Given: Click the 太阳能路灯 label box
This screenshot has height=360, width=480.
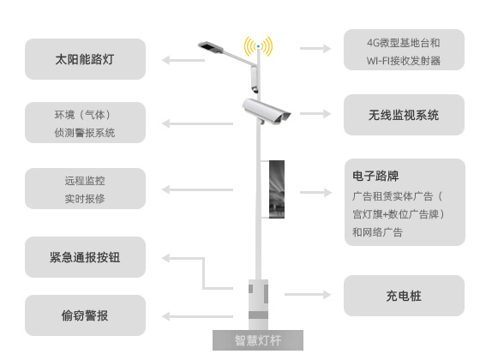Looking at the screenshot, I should (85, 59).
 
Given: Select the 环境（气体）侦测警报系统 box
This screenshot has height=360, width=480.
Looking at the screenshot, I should (85, 123).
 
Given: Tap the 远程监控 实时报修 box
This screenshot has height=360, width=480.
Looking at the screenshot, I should (85, 189).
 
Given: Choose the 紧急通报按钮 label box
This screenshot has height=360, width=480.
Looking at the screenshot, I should (85, 256).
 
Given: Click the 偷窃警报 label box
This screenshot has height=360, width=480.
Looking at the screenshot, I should (85, 315).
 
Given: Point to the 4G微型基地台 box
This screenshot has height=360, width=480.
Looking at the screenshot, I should (404, 51).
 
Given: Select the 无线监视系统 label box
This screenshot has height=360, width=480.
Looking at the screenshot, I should (404, 114).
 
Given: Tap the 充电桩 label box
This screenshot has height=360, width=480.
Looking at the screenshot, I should (404, 296).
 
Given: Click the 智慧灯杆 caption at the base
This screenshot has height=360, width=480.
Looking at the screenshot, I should (257, 340).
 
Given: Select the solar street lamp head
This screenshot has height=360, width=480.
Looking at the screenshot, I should (211, 45).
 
